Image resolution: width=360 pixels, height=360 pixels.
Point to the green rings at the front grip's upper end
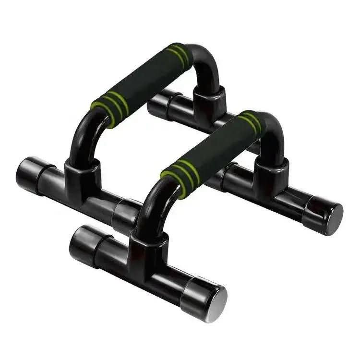250,122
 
